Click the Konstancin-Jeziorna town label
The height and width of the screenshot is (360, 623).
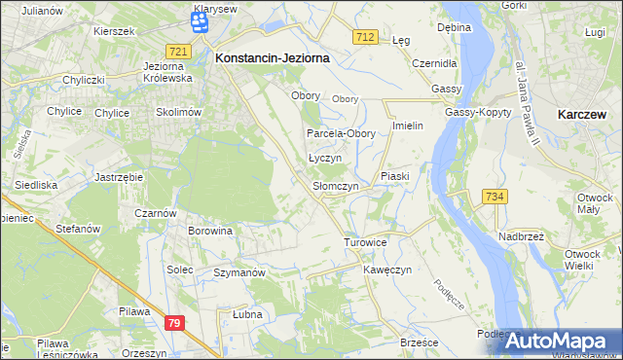(x=272, y=58)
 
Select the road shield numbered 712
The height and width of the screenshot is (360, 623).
(x=365, y=37)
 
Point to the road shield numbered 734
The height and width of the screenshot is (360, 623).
(x=495, y=197)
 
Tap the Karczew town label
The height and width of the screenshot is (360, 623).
(x=584, y=114)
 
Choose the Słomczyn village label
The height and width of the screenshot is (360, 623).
(x=335, y=186)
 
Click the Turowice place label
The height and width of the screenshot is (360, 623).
(x=366, y=241)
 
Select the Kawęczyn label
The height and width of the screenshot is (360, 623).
(x=388, y=269)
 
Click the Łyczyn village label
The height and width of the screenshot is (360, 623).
(x=324, y=158)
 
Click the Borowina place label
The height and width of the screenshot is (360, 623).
(x=210, y=232)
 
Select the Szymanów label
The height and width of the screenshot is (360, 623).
(x=239, y=273)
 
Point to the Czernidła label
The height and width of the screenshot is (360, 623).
(x=433, y=62)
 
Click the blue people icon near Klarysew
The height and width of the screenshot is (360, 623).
(x=201, y=27)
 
